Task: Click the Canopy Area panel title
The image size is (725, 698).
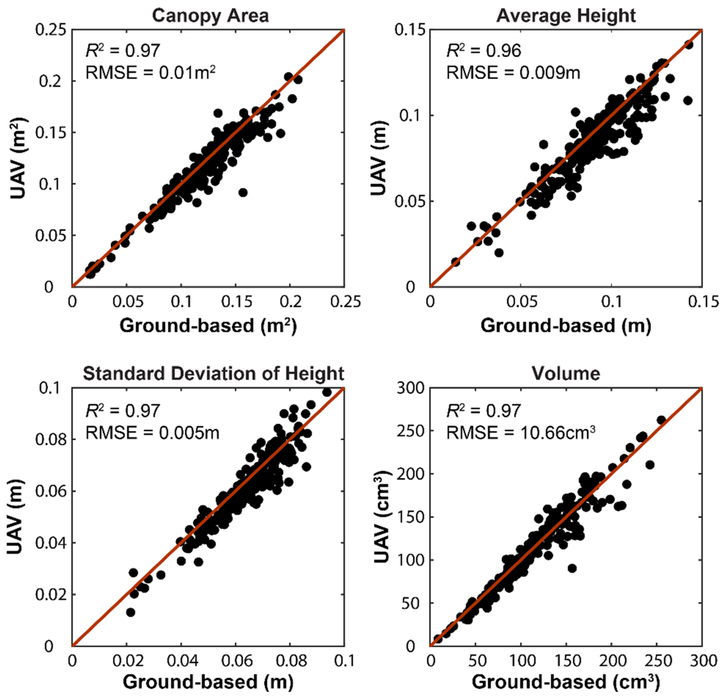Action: click(210, 16)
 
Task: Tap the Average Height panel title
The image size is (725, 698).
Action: click(566, 16)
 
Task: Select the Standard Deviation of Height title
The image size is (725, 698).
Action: click(213, 373)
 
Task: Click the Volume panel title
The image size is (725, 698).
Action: click(566, 373)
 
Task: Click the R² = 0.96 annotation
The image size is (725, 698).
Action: click(484, 51)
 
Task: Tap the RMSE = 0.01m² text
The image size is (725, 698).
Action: click(150, 72)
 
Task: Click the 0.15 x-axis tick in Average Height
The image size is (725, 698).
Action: click(702, 302)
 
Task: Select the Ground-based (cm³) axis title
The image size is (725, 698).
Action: click(566, 682)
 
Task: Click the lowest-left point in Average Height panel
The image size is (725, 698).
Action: click(455, 262)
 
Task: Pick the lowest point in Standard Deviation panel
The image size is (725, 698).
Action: click(130, 612)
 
